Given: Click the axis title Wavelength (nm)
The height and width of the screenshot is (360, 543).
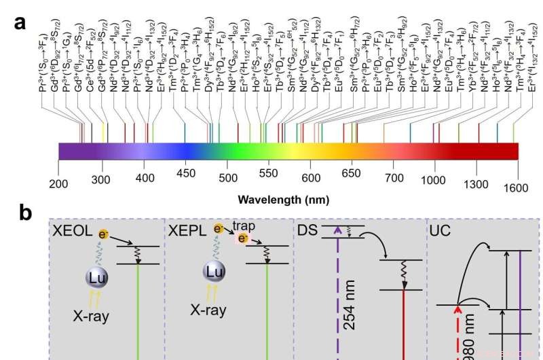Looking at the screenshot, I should click(x=284, y=200).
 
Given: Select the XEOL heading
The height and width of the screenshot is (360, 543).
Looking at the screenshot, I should click(x=72, y=232).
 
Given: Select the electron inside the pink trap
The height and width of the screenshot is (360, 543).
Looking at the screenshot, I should click(x=242, y=238).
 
